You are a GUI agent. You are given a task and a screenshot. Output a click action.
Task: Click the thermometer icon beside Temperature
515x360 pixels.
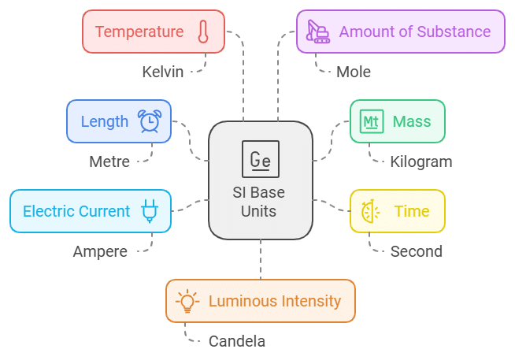coord(203,32)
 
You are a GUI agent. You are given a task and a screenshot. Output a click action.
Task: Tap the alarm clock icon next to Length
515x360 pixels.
coord(150,121)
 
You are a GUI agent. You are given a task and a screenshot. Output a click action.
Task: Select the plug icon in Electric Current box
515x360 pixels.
coord(149,210)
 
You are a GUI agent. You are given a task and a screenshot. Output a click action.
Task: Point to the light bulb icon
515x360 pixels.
coord(187,301)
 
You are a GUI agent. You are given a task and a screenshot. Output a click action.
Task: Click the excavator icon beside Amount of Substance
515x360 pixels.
coord(318,32)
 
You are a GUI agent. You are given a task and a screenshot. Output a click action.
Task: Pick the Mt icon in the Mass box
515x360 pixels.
coord(370,121)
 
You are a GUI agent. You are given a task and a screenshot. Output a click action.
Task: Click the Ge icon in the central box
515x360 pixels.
coord(260,161)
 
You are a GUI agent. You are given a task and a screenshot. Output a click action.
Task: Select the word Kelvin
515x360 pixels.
coord(163,72)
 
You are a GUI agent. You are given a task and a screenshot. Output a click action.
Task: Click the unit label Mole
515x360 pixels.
coord(354,72)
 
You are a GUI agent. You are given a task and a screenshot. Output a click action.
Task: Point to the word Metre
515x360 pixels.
coord(109,162)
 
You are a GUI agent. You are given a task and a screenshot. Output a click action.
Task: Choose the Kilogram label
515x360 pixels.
coord(421,162)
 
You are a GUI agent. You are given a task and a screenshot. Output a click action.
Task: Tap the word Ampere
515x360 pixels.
coord(100,252)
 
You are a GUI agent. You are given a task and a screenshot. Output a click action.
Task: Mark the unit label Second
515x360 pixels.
coord(417,252)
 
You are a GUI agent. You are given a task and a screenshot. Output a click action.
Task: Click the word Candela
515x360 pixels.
coord(237,342)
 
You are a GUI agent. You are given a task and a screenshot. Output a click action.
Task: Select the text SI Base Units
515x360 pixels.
coord(260,202)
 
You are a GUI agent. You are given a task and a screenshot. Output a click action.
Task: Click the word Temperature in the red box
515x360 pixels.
coord(139,32)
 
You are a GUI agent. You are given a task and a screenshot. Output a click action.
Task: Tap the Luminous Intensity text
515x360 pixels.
coord(275,301)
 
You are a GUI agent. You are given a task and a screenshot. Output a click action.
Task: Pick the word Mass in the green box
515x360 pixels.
coord(412,121)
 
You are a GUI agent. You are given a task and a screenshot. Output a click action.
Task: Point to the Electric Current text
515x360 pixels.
coord(76,211)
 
